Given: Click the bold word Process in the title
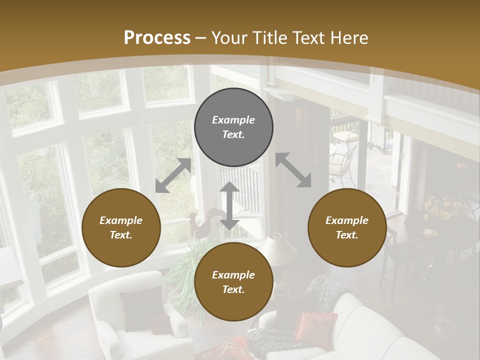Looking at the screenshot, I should [157, 38].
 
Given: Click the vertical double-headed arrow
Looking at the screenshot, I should [229, 205].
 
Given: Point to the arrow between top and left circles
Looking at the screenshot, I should [173, 175].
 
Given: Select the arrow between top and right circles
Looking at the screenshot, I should [293, 170].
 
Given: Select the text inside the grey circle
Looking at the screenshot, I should [233, 127].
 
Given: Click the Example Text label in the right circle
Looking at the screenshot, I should [347, 227].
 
